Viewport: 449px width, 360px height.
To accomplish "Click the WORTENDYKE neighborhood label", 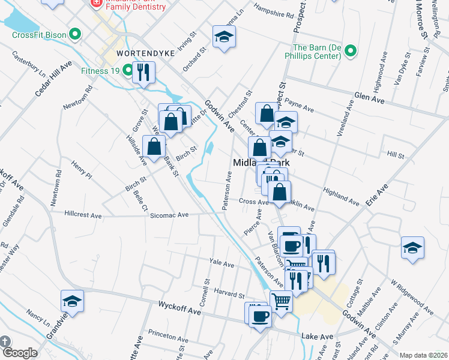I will (x=146, y=53).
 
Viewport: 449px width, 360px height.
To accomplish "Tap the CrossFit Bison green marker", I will (x=75, y=34).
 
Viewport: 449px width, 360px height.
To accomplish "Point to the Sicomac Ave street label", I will (x=170, y=214).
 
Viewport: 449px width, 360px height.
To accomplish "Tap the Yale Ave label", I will (x=220, y=262).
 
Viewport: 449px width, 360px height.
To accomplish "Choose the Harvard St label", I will (x=228, y=295).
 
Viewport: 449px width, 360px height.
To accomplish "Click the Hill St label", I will (x=396, y=155).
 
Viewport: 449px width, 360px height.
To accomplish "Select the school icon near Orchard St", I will (x=224, y=37).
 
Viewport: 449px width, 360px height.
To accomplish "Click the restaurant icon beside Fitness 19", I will (x=143, y=73).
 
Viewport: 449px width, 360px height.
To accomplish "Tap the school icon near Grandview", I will (x=72, y=302).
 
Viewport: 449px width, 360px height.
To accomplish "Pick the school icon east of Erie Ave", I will (x=412, y=248).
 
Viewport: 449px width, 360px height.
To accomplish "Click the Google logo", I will (x=19, y=353).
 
